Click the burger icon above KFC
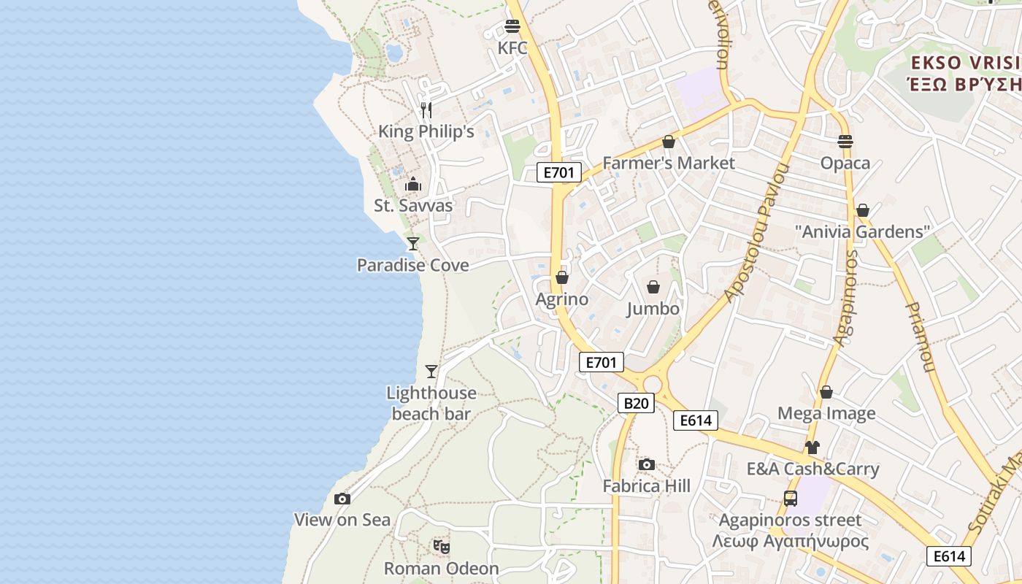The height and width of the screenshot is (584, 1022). click(x=512, y=27)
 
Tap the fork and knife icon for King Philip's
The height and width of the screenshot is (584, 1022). click(x=426, y=110)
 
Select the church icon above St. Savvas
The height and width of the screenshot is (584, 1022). click(x=413, y=184)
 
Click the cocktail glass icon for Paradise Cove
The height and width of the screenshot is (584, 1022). click(x=413, y=243)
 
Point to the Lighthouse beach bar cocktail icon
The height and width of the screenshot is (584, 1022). click(x=431, y=372)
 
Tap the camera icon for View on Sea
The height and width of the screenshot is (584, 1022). click(x=342, y=499)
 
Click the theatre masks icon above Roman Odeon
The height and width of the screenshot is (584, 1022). click(x=441, y=546)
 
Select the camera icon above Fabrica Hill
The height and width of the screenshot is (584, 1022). click(x=646, y=465)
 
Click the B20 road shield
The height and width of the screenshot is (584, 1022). click(x=636, y=403)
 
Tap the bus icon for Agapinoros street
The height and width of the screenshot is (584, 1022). click(x=790, y=499)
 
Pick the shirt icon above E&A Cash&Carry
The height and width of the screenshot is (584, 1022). click(x=812, y=447)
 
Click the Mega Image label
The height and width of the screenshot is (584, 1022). click(x=826, y=414)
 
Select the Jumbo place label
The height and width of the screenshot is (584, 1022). click(x=653, y=309)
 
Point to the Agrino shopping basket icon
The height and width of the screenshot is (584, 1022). click(x=562, y=277)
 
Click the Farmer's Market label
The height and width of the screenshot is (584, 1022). click(x=669, y=163)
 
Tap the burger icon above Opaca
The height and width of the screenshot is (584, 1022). click(x=845, y=141)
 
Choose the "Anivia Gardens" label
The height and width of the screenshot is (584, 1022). click(x=863, y=232)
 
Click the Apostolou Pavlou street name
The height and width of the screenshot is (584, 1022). click(x=758, y=234)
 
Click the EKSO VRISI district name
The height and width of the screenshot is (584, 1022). click(x=965, y=62)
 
